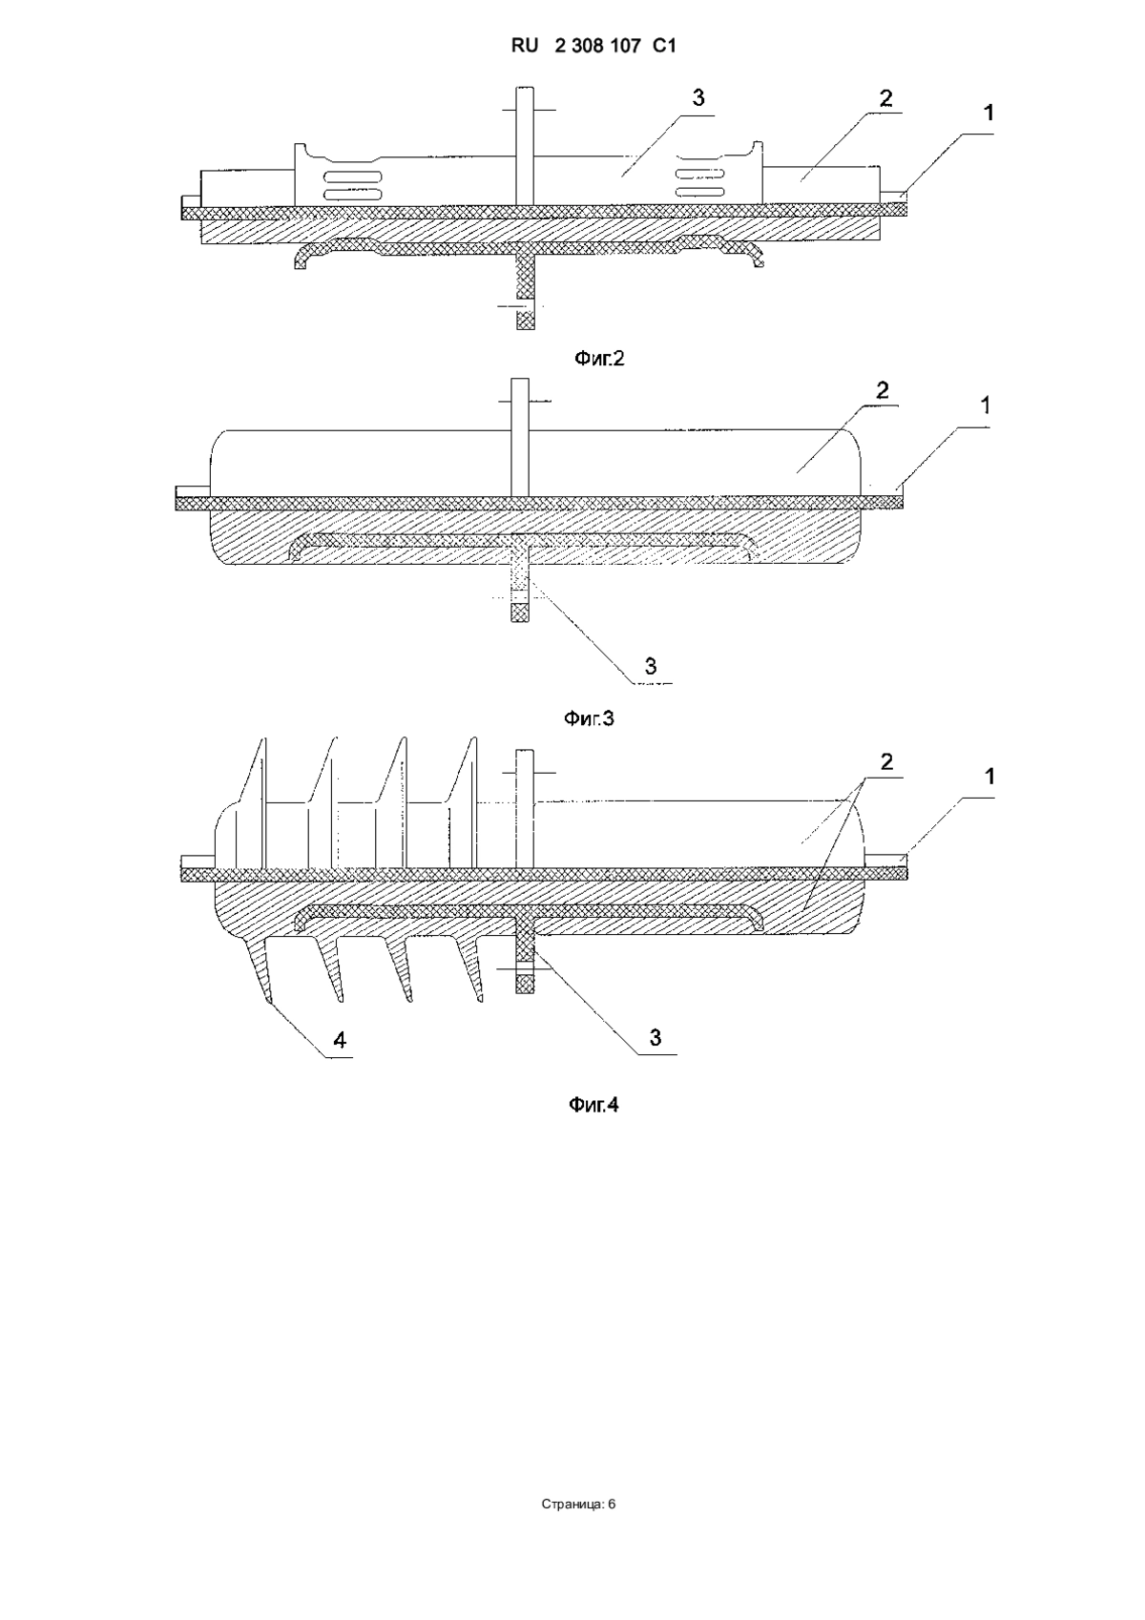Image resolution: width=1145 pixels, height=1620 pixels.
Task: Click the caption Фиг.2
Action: click(x=598, y=359)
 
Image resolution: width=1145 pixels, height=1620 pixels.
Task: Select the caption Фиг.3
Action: click(x=589, y=718)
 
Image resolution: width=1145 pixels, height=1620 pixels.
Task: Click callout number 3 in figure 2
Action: click(x=698, y=97)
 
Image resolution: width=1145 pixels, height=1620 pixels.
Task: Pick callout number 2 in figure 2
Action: click(x=886, y=97)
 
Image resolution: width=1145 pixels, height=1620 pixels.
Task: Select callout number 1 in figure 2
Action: click(x=989, y=113)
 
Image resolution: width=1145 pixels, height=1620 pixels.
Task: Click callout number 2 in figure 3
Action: click(x=882, y=389)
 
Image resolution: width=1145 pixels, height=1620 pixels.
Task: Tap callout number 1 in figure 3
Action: click(x=985, y=405)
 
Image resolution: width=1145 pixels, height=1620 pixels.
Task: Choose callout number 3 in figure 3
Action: click(x=651, y=666)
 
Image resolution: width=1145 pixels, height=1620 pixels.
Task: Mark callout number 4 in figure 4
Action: click(x=339, y=1042)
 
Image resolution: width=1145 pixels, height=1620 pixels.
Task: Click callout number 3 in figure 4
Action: click(x=656, y=1038)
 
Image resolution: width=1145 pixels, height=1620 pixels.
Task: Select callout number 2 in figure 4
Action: click(x=886, y=761)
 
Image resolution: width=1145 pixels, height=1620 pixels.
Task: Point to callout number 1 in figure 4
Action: click(x=989, y=777)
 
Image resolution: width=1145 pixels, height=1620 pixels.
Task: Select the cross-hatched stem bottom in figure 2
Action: click(x=526, y=320)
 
